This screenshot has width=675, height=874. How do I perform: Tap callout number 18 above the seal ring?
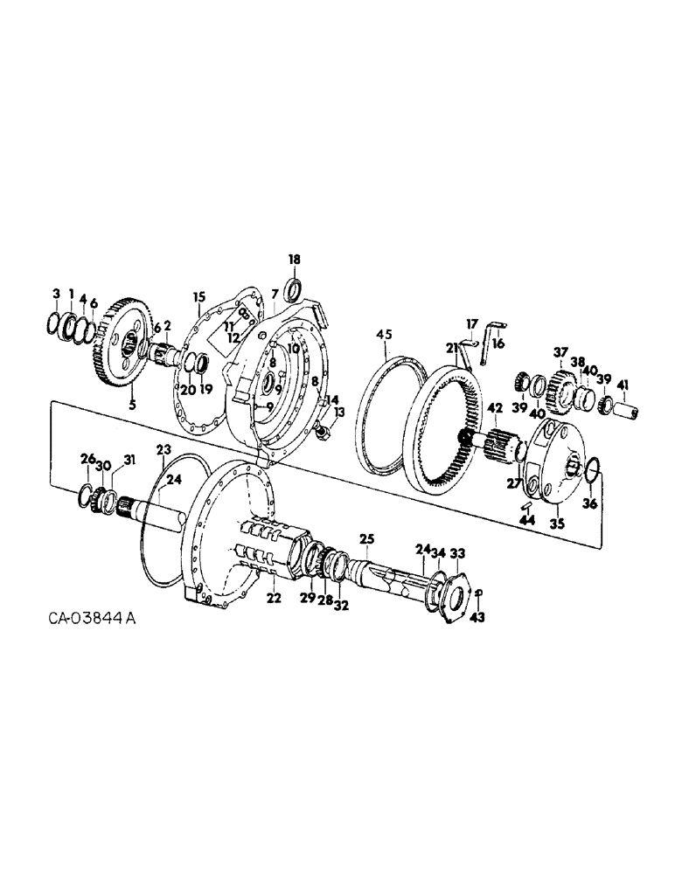(x=294, y=260)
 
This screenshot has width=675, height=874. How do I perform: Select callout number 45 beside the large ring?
(x=386, y=334)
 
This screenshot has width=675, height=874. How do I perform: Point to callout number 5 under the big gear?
(x=133, y=405)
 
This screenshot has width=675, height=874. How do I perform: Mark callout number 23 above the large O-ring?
(x=162, y=450)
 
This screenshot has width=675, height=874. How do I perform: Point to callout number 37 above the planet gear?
(x=560, y=352)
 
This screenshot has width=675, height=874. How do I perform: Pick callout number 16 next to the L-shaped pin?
(x=498, y=344)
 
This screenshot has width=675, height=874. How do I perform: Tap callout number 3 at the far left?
(x=56, y=293)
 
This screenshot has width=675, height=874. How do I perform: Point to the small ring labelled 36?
(x=592, y=471)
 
